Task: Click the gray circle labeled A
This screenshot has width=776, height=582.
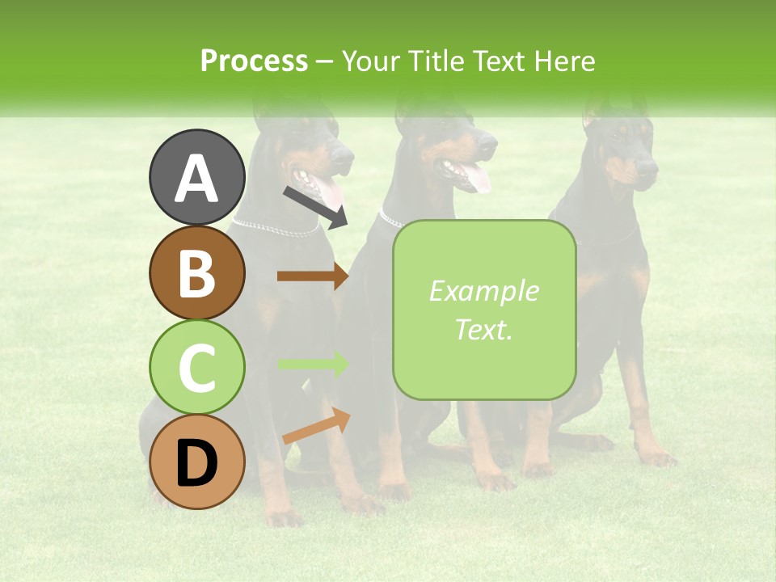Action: coord(196,177)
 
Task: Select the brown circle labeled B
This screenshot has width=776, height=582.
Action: coord(196,272)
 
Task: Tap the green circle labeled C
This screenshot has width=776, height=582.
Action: coord(196,368)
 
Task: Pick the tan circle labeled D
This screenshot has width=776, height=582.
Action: coord(196,462)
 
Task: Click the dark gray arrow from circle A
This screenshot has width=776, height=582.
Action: coord(315,206)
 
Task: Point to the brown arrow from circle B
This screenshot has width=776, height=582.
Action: coord(312,276)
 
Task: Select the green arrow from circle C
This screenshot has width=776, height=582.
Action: coord(312,365)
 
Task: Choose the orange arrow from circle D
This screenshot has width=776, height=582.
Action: coord(316,427)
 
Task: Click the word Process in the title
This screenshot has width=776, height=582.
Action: coord(254,61)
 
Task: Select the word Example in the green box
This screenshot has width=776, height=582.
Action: coord(483,291)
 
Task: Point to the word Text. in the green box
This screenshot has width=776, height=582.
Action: coord(483,329)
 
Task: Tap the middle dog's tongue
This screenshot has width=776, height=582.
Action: coord(477,178)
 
